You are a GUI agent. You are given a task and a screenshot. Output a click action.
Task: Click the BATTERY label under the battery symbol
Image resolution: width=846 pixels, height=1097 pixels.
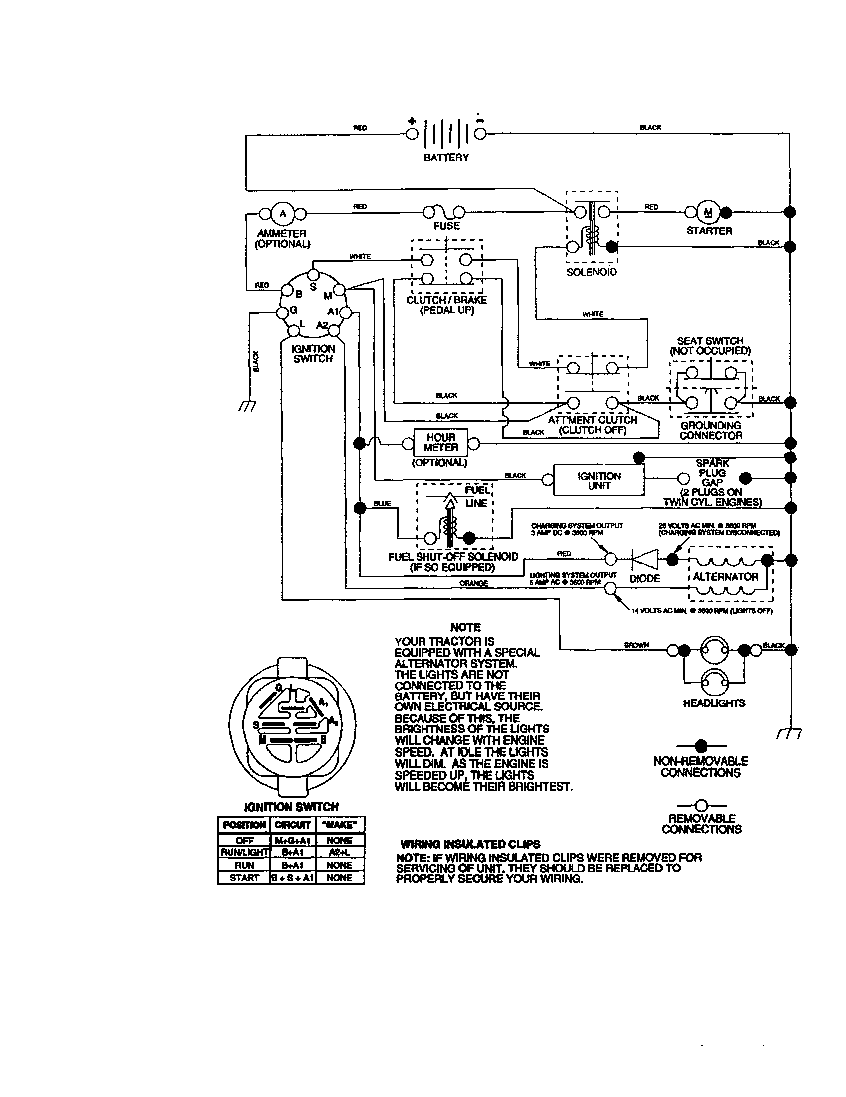445,157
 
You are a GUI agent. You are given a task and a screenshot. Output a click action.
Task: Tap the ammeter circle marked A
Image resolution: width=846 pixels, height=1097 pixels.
283,214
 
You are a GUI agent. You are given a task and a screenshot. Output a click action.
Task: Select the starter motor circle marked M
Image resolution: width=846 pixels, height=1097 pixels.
708,212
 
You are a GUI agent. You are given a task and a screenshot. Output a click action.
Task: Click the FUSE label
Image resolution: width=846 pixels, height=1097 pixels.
446,226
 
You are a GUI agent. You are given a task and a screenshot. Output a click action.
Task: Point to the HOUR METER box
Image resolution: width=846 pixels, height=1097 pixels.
440,442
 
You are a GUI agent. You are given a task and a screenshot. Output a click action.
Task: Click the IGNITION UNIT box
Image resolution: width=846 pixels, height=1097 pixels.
599,481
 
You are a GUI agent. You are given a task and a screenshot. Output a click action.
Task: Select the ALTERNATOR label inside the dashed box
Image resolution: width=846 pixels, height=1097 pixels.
725,577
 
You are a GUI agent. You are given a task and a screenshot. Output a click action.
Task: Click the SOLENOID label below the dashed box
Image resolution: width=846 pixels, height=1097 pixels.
591,272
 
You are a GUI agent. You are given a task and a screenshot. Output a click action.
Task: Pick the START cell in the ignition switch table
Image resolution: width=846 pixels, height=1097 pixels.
244,878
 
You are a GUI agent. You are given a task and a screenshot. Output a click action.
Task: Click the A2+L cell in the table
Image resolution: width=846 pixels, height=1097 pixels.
339,852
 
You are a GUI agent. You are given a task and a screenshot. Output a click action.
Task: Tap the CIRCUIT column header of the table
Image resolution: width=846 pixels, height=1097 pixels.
292,825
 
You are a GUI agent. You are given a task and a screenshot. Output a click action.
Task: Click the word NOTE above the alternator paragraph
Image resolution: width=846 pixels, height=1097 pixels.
465,627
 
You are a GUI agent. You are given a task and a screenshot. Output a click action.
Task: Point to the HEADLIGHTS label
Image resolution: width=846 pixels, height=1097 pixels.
714,703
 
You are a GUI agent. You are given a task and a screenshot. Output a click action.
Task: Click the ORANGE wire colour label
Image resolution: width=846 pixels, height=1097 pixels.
473,584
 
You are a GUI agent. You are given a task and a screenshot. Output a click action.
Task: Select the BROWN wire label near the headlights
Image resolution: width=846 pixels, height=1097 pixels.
636,645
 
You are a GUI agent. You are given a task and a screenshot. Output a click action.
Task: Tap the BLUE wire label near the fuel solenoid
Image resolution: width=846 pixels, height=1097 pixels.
382,503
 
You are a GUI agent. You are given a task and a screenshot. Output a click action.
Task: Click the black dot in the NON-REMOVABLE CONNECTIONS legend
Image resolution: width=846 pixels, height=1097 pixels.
701,746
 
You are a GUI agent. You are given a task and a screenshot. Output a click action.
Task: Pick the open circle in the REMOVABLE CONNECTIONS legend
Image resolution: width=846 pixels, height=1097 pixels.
701,805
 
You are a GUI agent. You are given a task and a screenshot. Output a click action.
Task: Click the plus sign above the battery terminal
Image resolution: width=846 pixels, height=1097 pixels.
412,121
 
